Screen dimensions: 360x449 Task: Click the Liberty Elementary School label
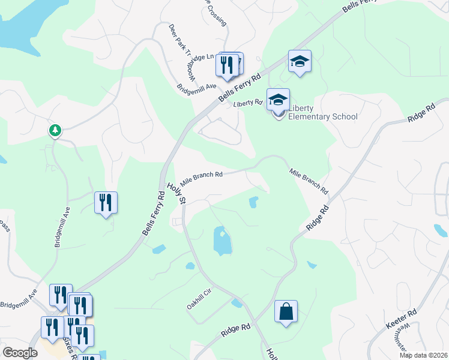[323, 112]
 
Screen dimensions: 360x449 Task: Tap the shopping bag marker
[286, 312]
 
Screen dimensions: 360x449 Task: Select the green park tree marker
[55, 130]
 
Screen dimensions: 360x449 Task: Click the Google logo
[19, 352]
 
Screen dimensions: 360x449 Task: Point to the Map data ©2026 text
[424, 355]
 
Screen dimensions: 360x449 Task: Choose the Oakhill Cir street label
[200, 298]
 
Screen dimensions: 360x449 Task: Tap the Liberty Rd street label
[248, 103]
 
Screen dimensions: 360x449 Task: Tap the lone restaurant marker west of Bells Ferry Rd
[106, 203]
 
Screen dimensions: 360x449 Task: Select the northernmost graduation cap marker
[300, 61]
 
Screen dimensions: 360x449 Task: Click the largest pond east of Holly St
[221, 241]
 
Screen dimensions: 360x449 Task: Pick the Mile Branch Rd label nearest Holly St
[202, 175]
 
